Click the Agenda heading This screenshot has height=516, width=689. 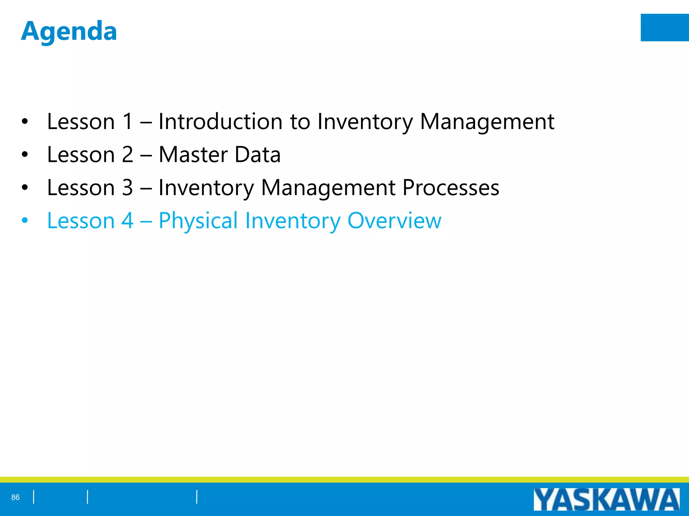point(69,31)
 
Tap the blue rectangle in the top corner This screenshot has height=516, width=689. point(664,28)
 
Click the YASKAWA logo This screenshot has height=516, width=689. point(606,500)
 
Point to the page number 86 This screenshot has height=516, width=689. point(15,497)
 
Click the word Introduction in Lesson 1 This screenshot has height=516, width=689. point(220,121)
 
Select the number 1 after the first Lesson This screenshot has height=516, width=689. point(128,121)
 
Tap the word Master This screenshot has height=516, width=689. point(193,155)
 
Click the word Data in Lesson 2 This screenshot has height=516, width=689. point(257,155)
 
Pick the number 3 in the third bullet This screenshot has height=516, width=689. point(128,187)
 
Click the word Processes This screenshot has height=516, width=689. point(451,187)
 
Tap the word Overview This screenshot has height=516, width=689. point(394,221)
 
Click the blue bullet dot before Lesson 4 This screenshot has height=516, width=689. point(25,221)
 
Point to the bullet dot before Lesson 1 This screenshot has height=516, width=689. point(25,122)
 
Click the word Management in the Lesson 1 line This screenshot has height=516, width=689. point(487,121)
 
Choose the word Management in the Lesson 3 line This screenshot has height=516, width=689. point(328,187)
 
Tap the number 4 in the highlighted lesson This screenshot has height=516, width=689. point(128,221)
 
